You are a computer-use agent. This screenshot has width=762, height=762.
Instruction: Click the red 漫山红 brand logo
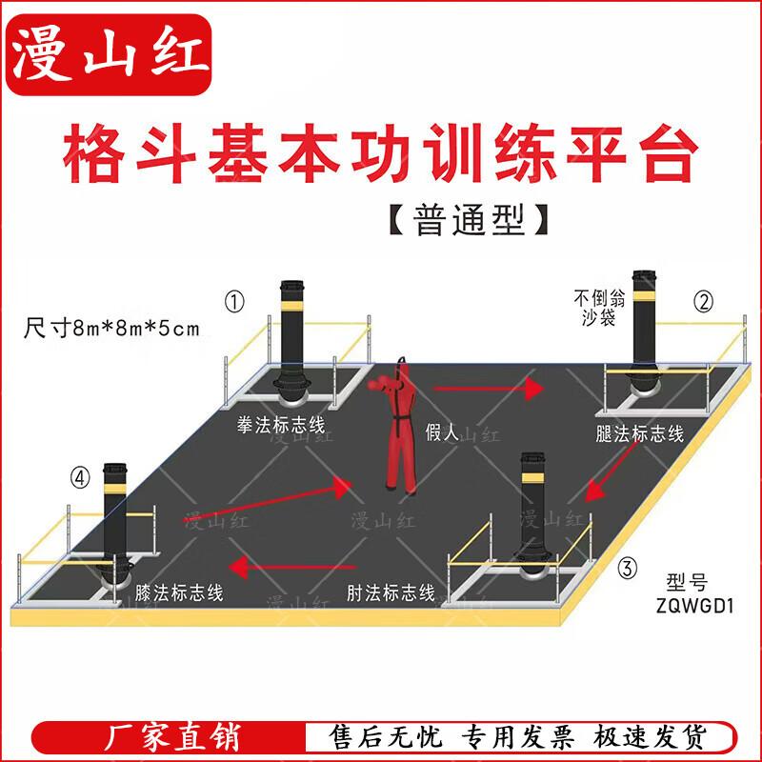109,54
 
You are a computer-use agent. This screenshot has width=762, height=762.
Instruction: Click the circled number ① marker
234,302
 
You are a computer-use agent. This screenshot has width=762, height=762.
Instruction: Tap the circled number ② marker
703,302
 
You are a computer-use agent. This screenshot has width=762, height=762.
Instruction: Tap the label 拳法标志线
281,425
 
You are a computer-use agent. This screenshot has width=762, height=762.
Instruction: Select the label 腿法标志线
639,433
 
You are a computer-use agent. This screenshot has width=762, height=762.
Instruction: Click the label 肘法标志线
391,592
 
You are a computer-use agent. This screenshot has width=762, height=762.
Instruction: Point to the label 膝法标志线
179,592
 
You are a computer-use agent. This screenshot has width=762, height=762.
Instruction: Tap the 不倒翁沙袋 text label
599,308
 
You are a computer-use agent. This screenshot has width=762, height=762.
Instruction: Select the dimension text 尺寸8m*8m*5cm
111,328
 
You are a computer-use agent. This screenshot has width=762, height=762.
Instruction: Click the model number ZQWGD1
694,606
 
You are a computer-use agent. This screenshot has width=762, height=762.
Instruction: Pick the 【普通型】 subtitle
469,220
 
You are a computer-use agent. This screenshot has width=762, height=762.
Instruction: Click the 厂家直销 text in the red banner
172,736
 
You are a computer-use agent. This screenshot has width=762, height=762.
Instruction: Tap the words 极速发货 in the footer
649,736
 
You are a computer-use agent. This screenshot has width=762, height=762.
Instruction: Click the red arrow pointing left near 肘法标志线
292,568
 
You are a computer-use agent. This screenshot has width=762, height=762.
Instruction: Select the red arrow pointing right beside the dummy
488,389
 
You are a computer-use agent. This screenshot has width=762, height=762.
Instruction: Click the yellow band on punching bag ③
532,478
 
